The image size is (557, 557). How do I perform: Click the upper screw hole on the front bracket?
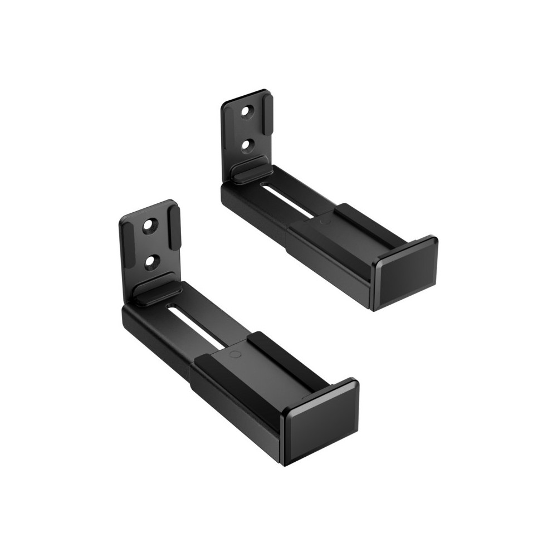tap(149, 226)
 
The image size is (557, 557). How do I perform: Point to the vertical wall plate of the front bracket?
tap(150, 245)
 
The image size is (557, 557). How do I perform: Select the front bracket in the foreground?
tap(223, 345)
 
